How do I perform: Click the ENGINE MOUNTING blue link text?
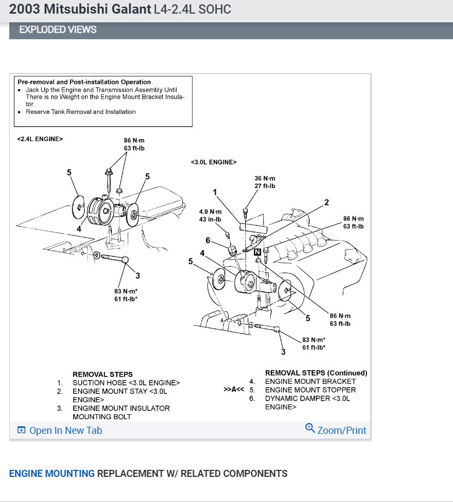click(x=52, y=474)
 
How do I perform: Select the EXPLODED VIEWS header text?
click(x=58, y=29)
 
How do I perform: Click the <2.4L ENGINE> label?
click(x=40, y=139)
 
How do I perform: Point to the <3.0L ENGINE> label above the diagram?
click(x=213, y=162)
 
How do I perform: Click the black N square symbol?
click(x=258, y=251)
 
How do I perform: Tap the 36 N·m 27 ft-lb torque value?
click(x=265, y=182)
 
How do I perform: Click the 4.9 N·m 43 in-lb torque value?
click(x=210, y=215)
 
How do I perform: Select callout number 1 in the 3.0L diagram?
click(x=215, y=192)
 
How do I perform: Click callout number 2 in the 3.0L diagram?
click(x=326, y=202)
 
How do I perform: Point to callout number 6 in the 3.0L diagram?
click(x=207, y=240)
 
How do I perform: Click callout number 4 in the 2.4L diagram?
click(x=79, y=229)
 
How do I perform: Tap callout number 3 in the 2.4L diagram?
click(x=138, y=276)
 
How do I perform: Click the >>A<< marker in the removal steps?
click(x=234, y=390)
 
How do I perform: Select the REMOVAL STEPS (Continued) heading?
click(x=316, y=373)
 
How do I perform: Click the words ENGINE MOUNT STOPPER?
click(x=310, y=390)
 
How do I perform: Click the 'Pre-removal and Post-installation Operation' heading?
click(x=84, y=82)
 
